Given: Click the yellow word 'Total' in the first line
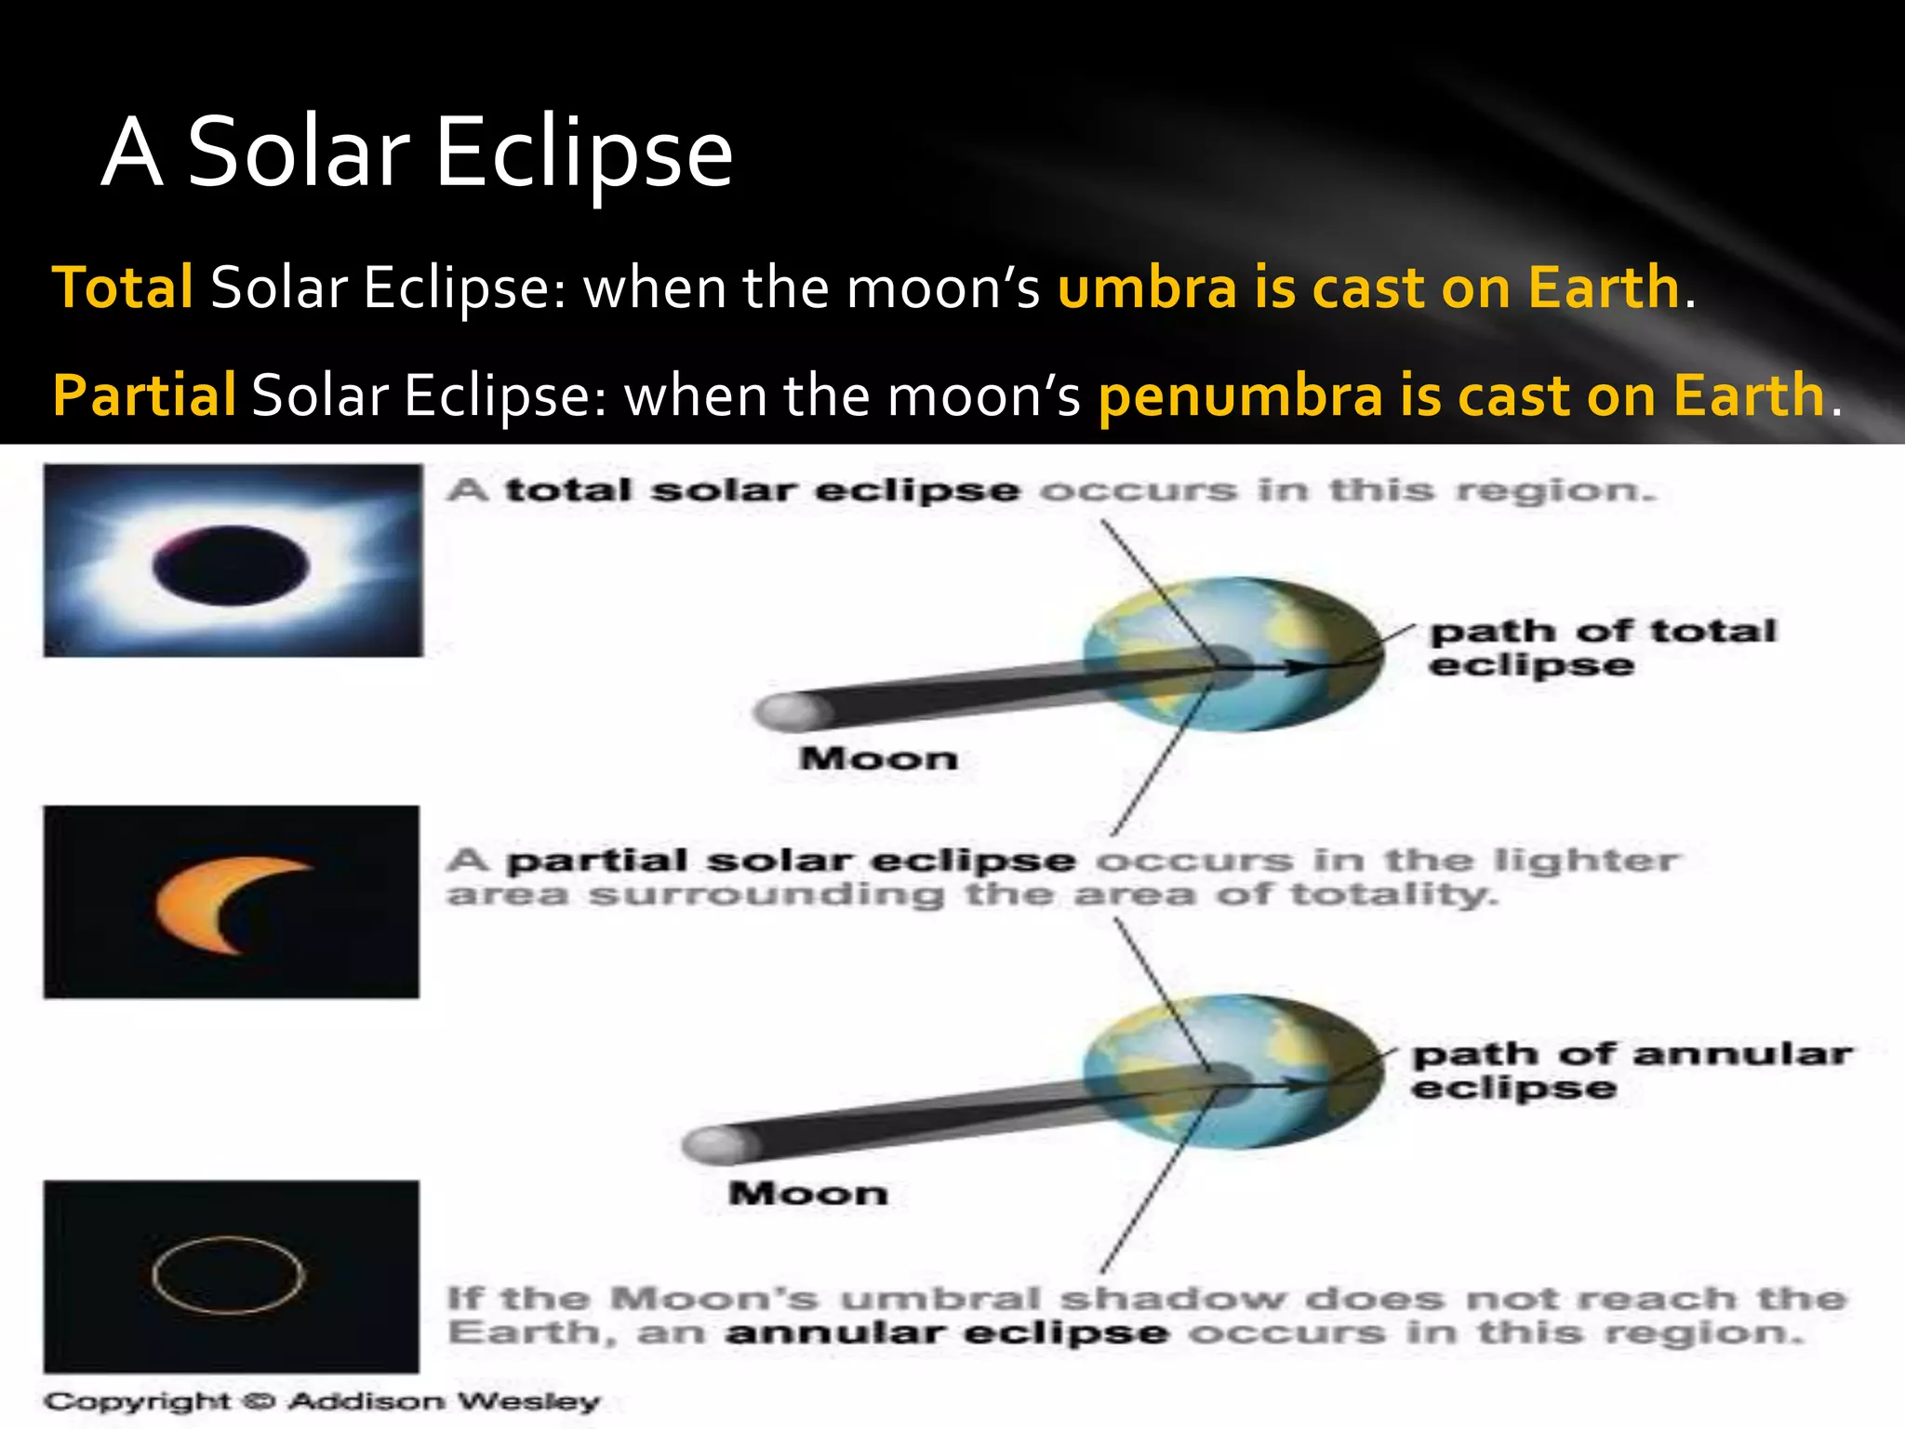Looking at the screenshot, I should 123,287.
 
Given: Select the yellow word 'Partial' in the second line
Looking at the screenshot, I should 144,394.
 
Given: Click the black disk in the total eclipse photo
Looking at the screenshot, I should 231,566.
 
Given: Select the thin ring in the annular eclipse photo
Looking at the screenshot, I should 228,1275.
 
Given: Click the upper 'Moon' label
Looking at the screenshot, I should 878,758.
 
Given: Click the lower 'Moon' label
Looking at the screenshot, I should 807,1194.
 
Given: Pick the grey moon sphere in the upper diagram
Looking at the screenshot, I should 789,712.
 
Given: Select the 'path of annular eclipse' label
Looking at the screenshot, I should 1630,1070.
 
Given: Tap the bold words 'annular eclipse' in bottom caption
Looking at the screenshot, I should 947,1333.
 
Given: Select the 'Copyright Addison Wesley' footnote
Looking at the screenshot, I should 322,1401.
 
